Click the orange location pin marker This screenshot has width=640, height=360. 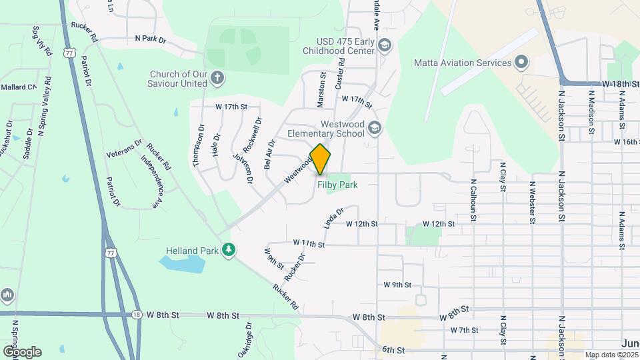click(320, 159)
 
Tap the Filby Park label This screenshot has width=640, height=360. click(337, 185)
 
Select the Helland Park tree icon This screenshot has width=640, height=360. click(229, 250)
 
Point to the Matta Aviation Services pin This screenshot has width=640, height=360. click(522, 63)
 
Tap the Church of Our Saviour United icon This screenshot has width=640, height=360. click(217, 79)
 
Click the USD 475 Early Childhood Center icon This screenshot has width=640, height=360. click(383, 45)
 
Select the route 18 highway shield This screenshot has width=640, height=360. click(137, 315)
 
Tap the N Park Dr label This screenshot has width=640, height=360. click(150, 40)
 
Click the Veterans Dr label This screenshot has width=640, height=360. click(124, 148)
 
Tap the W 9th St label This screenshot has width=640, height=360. click(397, 285)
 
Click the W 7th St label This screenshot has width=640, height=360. click(465, 330)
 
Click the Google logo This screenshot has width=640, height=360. click(23, 351)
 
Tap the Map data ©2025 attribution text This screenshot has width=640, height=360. click(611, 355)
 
